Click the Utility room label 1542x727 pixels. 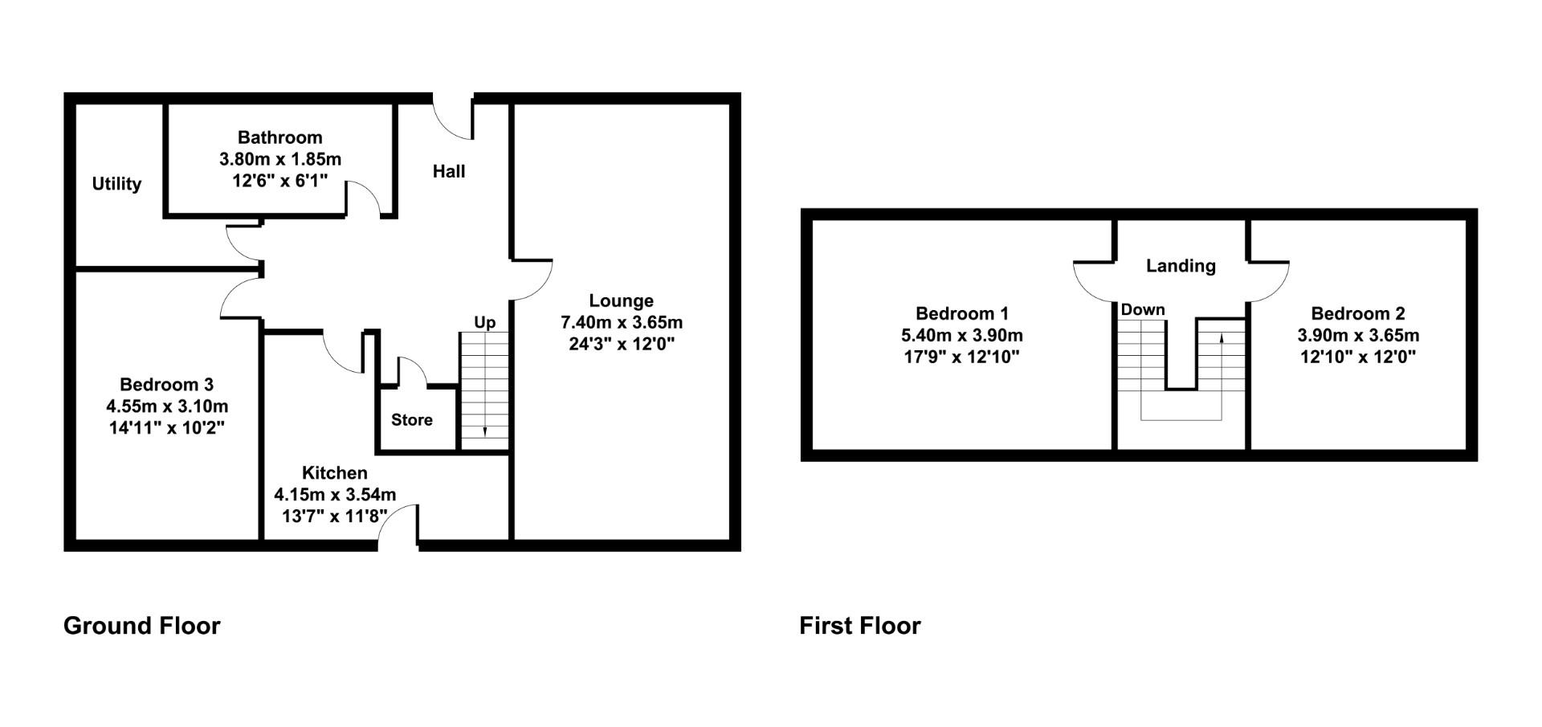[x=116, y=184]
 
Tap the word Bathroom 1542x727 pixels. [x=279, y=137]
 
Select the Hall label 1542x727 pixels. [x=449, y=171]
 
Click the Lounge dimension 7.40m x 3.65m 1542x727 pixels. [x=621, y=323]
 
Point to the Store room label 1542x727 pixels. [x=411, y=420]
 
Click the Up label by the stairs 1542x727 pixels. [x=484, y=323]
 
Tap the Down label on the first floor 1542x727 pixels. [x=1142, y=310]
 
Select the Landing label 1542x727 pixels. [x=1180, y=266]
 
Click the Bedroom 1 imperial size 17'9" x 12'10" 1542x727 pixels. [x=961, y=357]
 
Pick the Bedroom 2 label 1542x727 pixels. [x=1357, y=314]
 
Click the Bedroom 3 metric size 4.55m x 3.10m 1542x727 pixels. [x=166, y=406]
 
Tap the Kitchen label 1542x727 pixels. [x=334, y=473]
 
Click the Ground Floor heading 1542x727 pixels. [x=141, y=626]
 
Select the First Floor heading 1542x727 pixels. [x=859, y=626]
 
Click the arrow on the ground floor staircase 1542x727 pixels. [x=484, y=431]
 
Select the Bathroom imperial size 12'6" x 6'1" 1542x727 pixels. [x=279, y=182]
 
